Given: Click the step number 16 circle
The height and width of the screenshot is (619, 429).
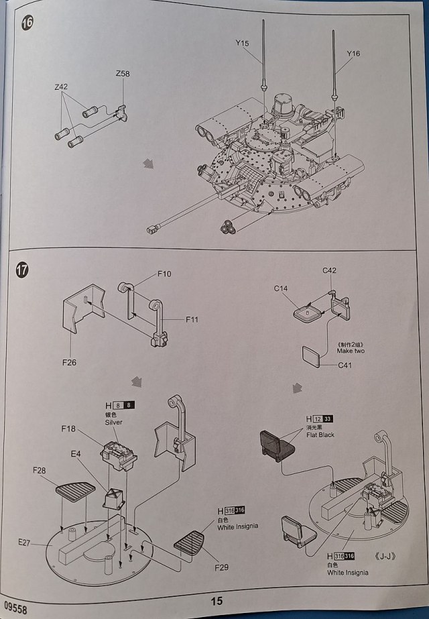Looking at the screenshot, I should [27, 21].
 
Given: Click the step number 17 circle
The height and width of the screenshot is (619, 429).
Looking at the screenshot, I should [23, 270].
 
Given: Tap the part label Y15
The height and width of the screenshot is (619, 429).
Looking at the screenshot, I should [242, 44].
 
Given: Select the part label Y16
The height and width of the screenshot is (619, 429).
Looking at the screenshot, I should [353, 53].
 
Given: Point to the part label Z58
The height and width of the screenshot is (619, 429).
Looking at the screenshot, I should [123, 73].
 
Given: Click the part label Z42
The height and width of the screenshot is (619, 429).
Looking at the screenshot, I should [62, 87].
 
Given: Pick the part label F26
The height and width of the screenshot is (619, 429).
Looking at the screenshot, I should [68, 363].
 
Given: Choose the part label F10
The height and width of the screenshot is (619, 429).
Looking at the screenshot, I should [164, 274].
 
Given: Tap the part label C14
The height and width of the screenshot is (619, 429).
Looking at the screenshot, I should [280, 288].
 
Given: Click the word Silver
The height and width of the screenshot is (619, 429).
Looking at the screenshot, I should [114, 423].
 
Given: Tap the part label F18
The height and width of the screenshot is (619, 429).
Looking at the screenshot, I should [69, 428].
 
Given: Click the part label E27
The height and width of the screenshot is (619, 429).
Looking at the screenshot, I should [25, 542].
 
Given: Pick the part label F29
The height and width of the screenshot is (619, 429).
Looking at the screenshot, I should [222, 567].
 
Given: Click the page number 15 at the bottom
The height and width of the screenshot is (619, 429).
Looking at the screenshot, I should [216, 601].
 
